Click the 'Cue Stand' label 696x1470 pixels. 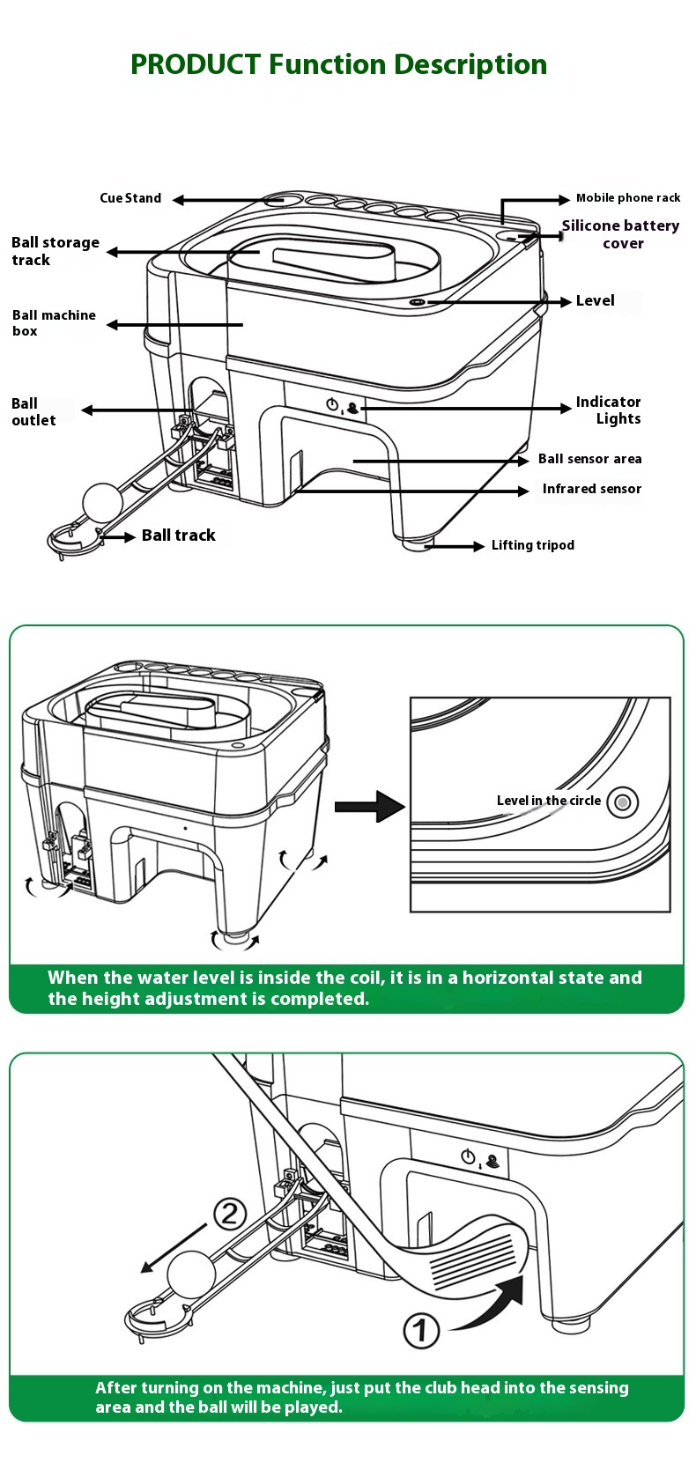pos(130,198)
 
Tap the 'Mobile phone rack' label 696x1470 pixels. pos(627,198)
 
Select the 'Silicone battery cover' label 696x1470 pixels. pos(621,234)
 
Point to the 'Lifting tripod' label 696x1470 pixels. pos(532,545)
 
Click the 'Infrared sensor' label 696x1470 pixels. pos(591,489)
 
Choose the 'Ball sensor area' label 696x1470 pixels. pos(589,459)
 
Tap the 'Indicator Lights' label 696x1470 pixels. pos(608,410)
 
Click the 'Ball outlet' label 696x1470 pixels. pos(33,411)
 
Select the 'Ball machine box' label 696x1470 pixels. pos(54,322)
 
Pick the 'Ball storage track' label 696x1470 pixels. pos(55,251)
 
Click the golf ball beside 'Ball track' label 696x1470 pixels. pos(102,502)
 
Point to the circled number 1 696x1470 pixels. pos(421,1330)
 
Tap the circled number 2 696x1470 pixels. pos(230,1215)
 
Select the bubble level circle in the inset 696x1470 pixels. pos(623,802)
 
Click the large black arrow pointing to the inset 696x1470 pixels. pos(369,806)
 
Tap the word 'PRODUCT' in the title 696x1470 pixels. pos(196,64)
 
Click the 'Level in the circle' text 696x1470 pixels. pos(548,801)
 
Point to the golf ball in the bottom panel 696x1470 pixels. pos(191,1274)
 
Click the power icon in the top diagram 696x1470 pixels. pos(332,404)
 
